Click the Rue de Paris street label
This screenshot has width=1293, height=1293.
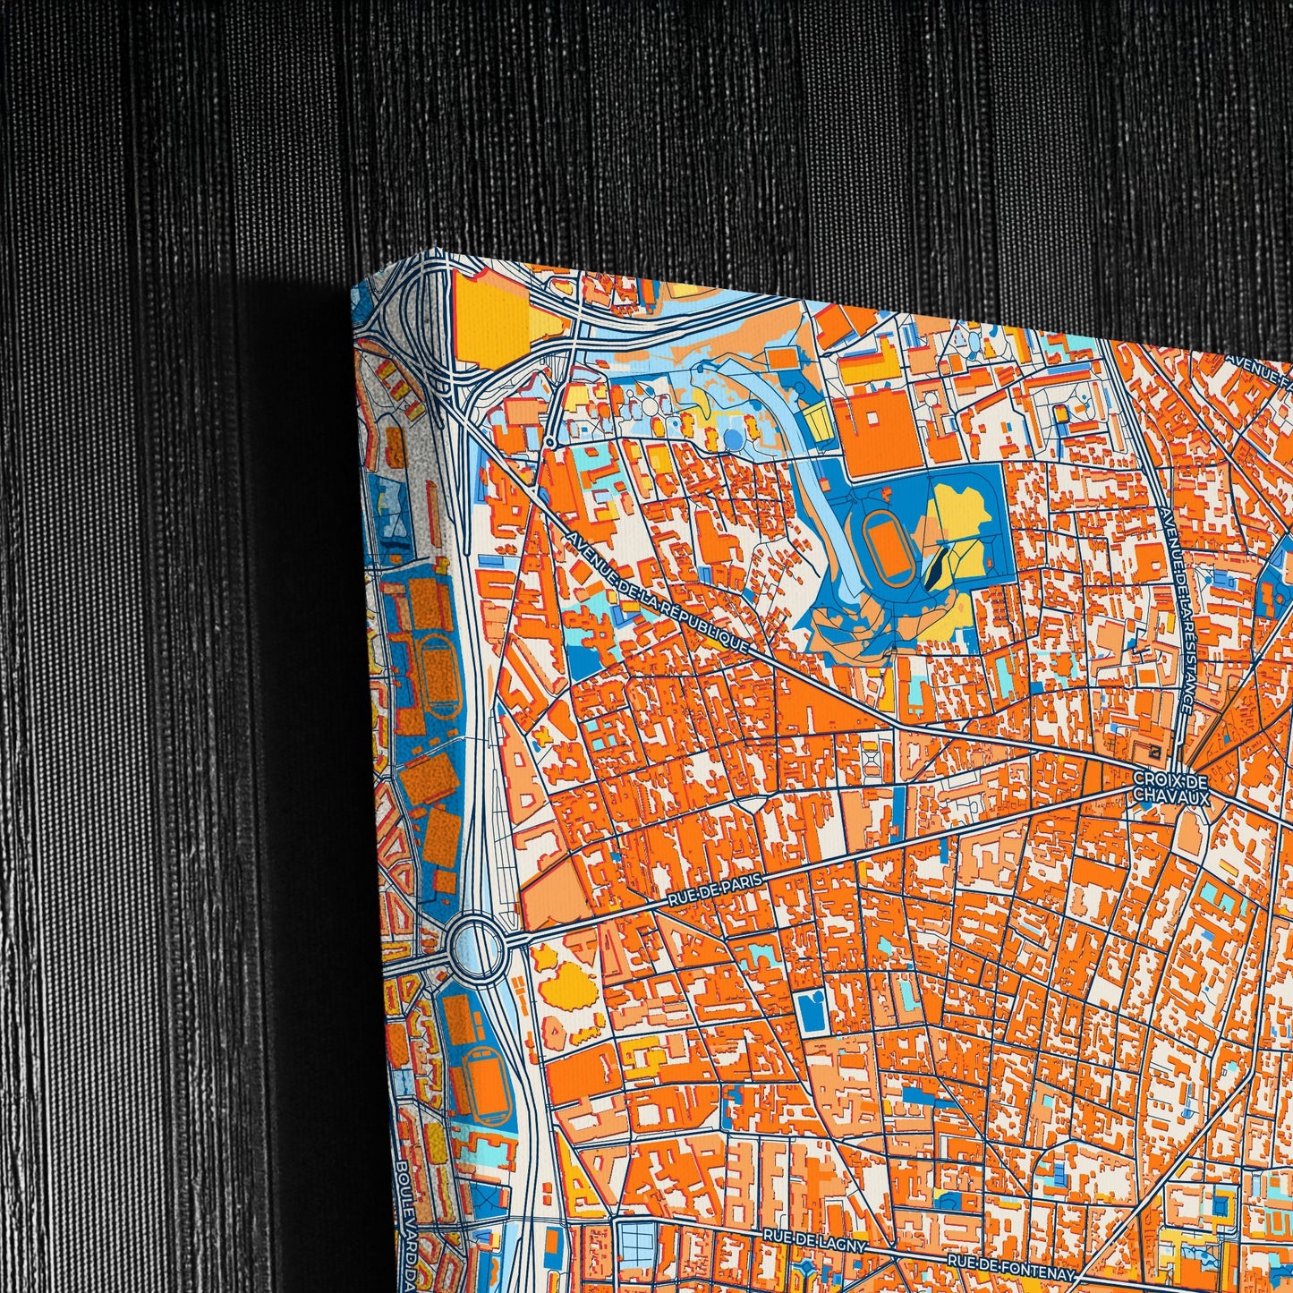coord(715,891)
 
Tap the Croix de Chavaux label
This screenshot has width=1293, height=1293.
coord(1171,787)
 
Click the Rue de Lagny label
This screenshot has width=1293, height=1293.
coord(814,1236)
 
